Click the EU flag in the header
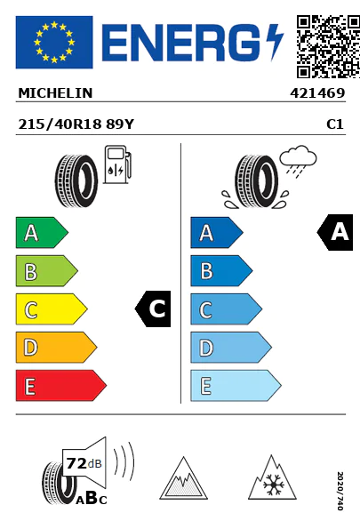[54, 42]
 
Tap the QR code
[328, 46]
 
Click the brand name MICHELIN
[55, 93]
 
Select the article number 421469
[317, 93]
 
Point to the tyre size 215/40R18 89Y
[76, 124]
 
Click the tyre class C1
[335, 124]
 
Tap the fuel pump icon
[117, 164]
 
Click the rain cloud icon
[299, 160]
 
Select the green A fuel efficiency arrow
[42, 232]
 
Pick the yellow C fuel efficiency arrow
[52, 309]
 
